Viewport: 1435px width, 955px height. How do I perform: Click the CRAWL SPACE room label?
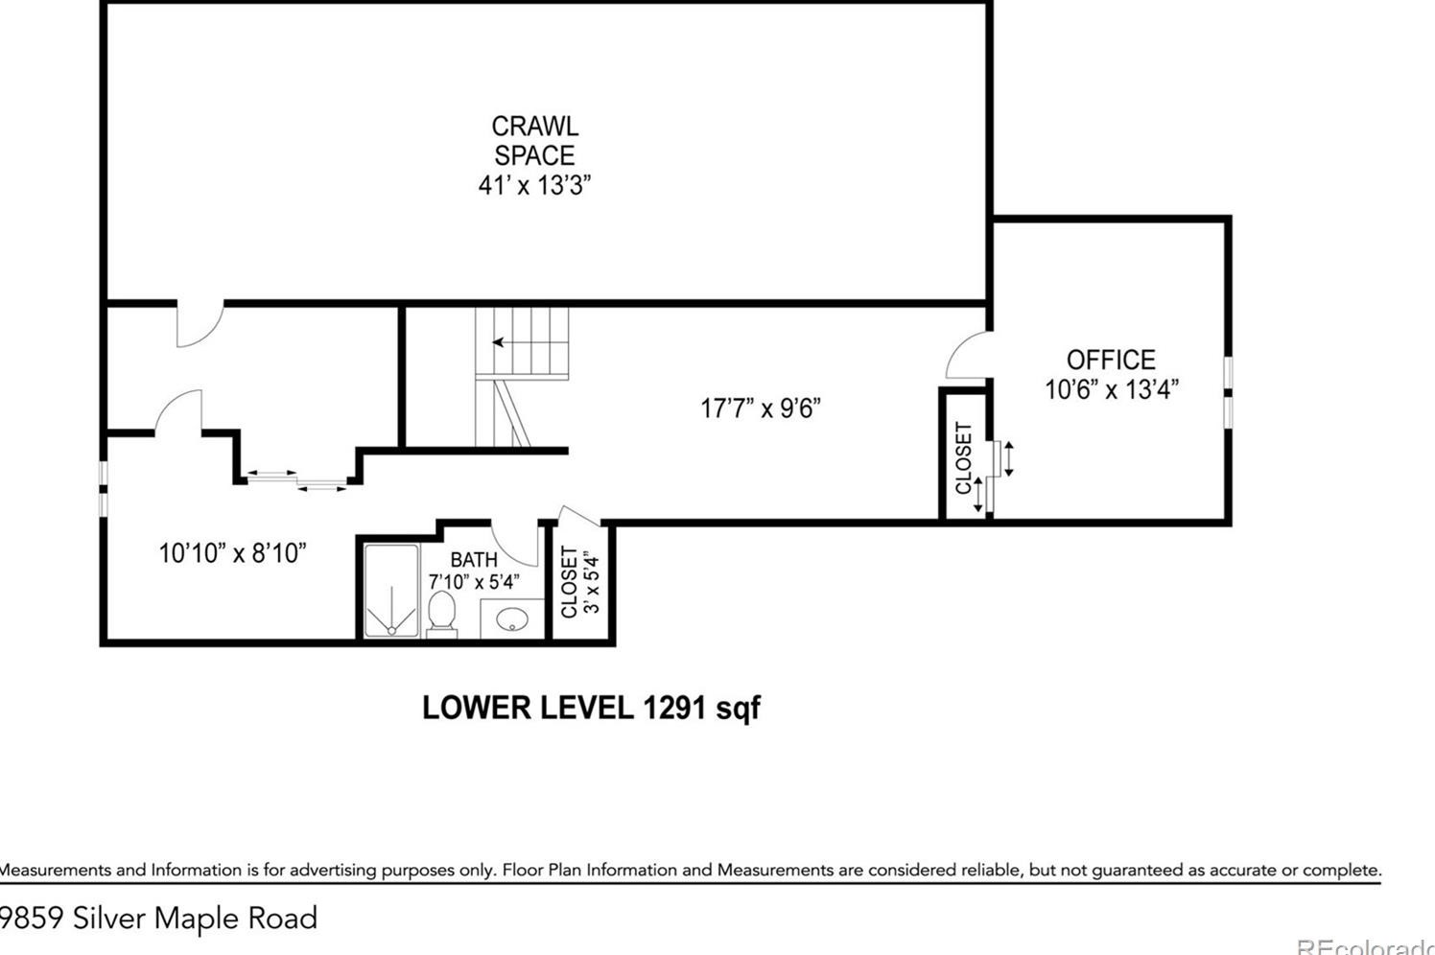click(534, 140)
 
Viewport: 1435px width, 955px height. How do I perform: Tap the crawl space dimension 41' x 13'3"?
click(534, 185)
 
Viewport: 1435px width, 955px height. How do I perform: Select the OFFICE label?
click(1111, 360)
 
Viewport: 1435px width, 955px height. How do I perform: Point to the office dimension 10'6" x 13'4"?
click(1111, 390)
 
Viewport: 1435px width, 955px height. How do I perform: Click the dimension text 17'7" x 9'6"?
click(760, 408)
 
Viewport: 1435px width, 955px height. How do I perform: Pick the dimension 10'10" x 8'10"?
click(232, 553)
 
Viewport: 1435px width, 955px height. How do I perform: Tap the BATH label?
click(474, 559)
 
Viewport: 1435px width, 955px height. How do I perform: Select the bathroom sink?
click(509, 619)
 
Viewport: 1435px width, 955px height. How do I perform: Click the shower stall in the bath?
click(390, 592)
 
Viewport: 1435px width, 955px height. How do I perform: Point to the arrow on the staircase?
click(500, 342)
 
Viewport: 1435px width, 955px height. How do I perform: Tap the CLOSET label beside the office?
click(964, 458)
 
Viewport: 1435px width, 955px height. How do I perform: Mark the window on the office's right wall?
click(1229, 390)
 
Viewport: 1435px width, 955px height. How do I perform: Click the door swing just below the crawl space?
click(200, 325)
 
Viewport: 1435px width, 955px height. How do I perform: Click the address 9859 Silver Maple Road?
click(158, 919)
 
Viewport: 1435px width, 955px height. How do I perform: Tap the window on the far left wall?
click(103, 490)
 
